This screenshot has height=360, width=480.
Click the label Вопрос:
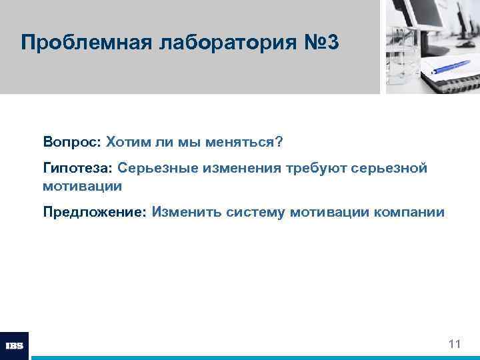71,142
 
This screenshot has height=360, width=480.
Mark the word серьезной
389,168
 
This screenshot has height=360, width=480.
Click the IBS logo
15,346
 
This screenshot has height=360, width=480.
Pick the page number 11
455,344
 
